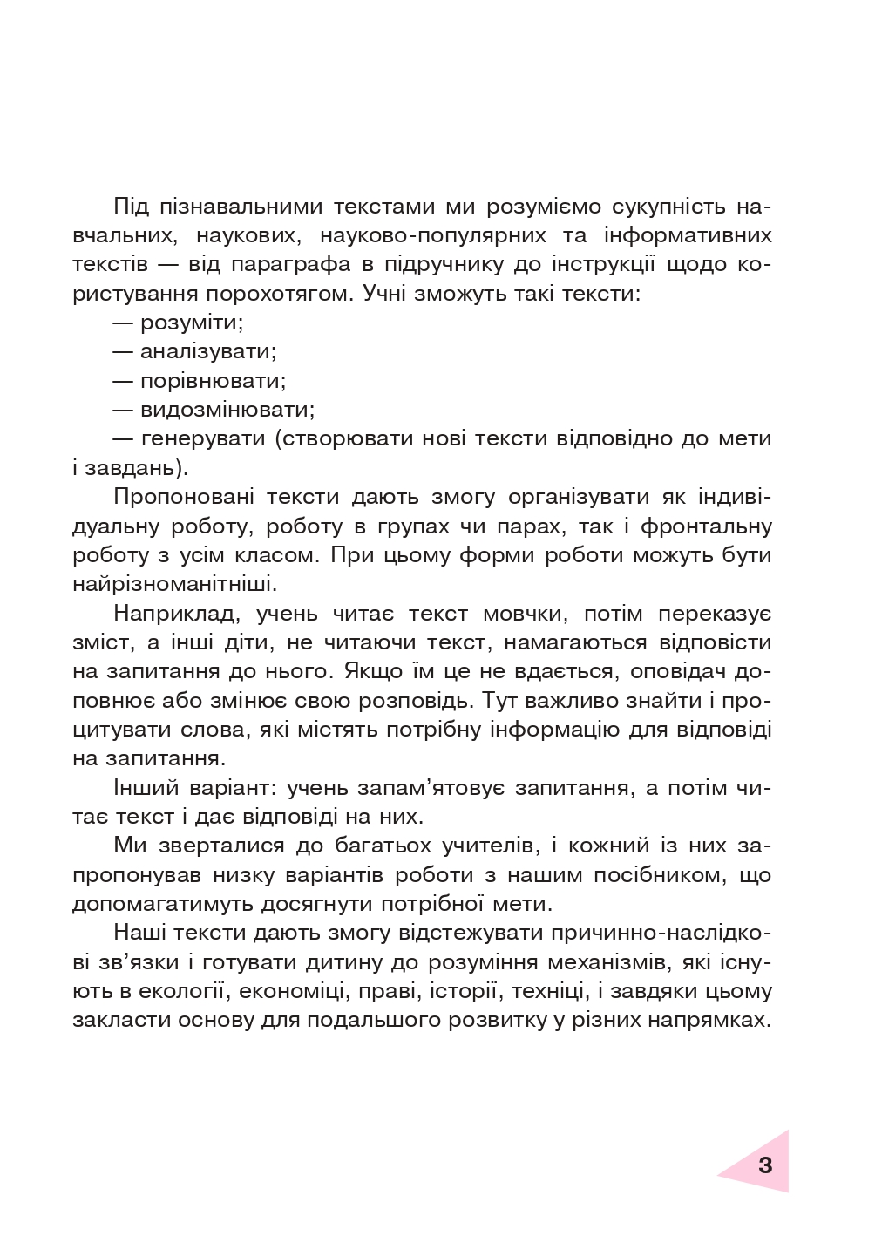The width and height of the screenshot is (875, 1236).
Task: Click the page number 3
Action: click(764, 1165)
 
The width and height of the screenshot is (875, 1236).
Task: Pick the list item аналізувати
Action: click(207, 351)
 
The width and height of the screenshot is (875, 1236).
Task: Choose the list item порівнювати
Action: click(213, 381)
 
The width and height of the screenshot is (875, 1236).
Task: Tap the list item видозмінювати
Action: click(227, 410)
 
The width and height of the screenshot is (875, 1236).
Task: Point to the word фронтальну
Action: click(707, 526)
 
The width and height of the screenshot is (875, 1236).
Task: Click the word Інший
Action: click(145, 788)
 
